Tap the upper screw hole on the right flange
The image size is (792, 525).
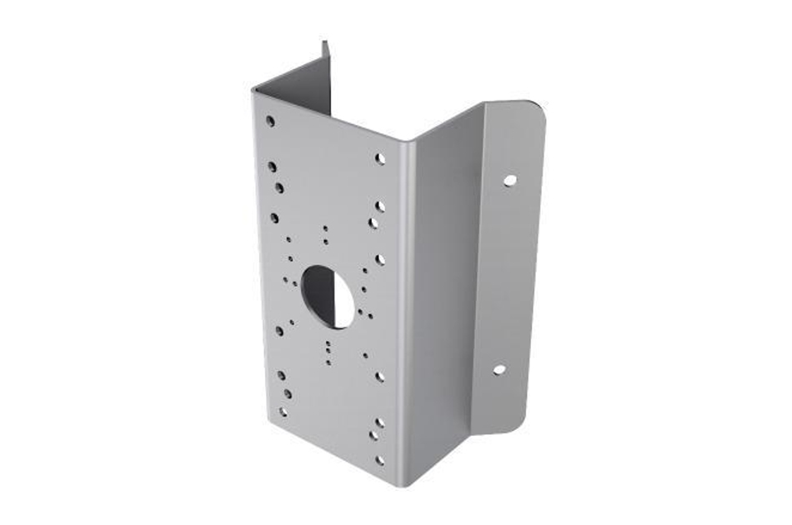pos(509,179)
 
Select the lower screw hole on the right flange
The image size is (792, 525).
pos(499,369)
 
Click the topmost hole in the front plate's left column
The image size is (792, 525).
pos(270,120)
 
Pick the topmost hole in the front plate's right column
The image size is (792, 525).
pos(380,157)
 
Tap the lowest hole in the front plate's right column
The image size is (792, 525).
pos(380,459)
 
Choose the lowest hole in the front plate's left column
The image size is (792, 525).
pos(283,412)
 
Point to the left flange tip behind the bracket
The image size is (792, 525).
pos(324,48)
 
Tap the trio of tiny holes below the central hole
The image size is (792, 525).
pos(328,350)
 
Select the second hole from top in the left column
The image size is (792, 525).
pos(272,167)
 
